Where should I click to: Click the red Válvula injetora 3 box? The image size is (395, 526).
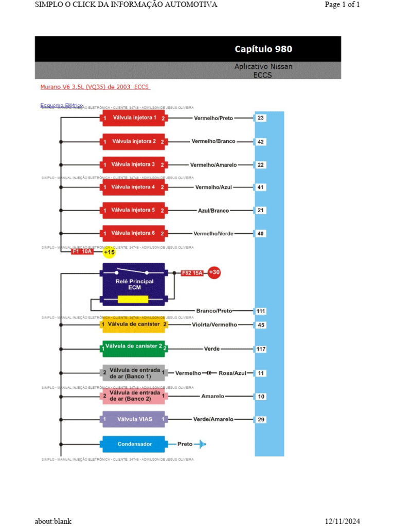point(133,164)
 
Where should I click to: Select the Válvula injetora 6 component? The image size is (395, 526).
point(133,233)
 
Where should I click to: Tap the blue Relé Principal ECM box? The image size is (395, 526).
point(134,284)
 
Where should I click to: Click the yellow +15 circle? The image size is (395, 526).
point(109,252)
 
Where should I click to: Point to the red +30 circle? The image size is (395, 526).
point(214,272)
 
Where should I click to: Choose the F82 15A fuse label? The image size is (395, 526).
point(193,273)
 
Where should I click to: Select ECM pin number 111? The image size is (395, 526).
point(261,311)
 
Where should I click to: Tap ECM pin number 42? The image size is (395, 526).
point(261,141)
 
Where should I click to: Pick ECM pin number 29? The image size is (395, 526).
point(261,419)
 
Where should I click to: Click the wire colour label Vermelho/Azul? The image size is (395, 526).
point(213,187)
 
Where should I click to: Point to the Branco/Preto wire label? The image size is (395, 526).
point(214,311)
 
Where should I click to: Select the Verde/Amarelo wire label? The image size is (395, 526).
point(213,419)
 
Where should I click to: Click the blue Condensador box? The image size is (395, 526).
point(134,444)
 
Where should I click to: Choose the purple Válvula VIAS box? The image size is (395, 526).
point(134,419)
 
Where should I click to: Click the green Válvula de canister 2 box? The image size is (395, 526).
point(133,349)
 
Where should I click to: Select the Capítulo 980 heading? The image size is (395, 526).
point(263,49)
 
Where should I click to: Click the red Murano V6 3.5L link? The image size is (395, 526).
point(95,87)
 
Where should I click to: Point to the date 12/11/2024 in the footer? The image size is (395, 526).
point(343,521)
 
